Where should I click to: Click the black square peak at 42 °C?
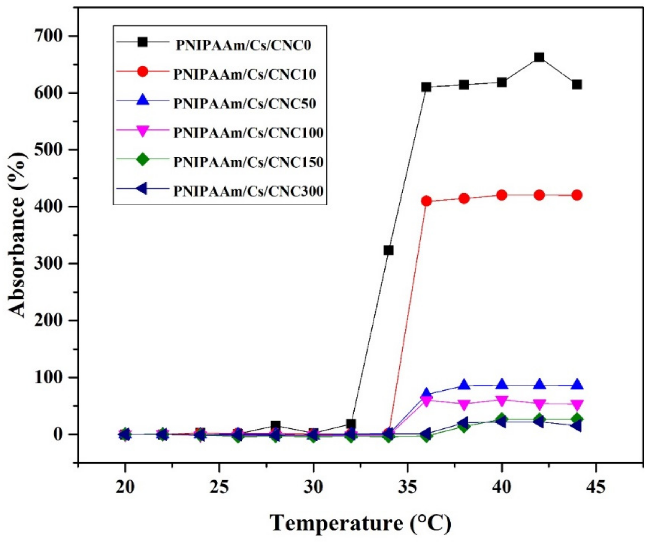539,57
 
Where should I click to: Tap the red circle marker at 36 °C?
426,201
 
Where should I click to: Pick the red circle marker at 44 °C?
577,195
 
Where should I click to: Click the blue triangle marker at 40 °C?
502,384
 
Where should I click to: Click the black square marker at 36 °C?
426,87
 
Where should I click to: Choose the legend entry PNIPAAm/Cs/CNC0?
243,45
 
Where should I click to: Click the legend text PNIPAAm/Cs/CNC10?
245,74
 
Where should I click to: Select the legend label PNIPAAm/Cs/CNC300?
248,191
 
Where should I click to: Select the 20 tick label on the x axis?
125,487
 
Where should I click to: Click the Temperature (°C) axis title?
361,523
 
